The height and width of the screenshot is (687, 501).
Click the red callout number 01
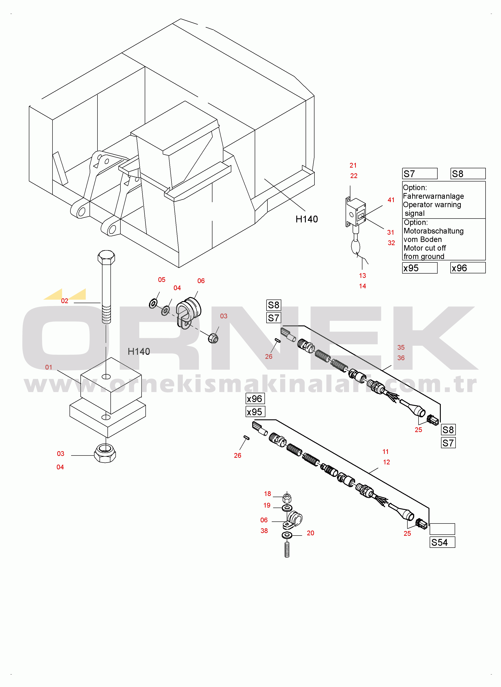tap(49, 367)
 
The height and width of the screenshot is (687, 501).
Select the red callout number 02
tap(65, 301)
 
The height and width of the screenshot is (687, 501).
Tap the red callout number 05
tap(162, 280)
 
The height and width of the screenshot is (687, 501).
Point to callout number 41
tap(391, 200)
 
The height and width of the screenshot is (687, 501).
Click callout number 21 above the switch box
tap(353, 165)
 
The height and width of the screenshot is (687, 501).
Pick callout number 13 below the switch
tap(362, 276)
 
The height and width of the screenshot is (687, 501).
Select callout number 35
tap(401, 347)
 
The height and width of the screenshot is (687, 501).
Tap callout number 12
tap(386, 462)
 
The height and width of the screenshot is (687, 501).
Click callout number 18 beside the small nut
tap(267, 494)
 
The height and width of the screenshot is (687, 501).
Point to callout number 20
tap(310, 533)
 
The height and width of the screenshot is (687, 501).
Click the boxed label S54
tap(442, 542)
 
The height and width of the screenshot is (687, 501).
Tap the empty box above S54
tap(442, 529)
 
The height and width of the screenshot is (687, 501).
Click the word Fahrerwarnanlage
tap(433, 196)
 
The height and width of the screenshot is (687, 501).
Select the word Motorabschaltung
tap(434, 231)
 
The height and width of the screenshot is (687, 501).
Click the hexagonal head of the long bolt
tap(106, 257)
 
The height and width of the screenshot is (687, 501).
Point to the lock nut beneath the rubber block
tap(105, 453)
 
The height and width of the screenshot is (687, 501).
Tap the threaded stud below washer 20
tap(287, 550)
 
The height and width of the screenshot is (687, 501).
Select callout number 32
tap(391, 243)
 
